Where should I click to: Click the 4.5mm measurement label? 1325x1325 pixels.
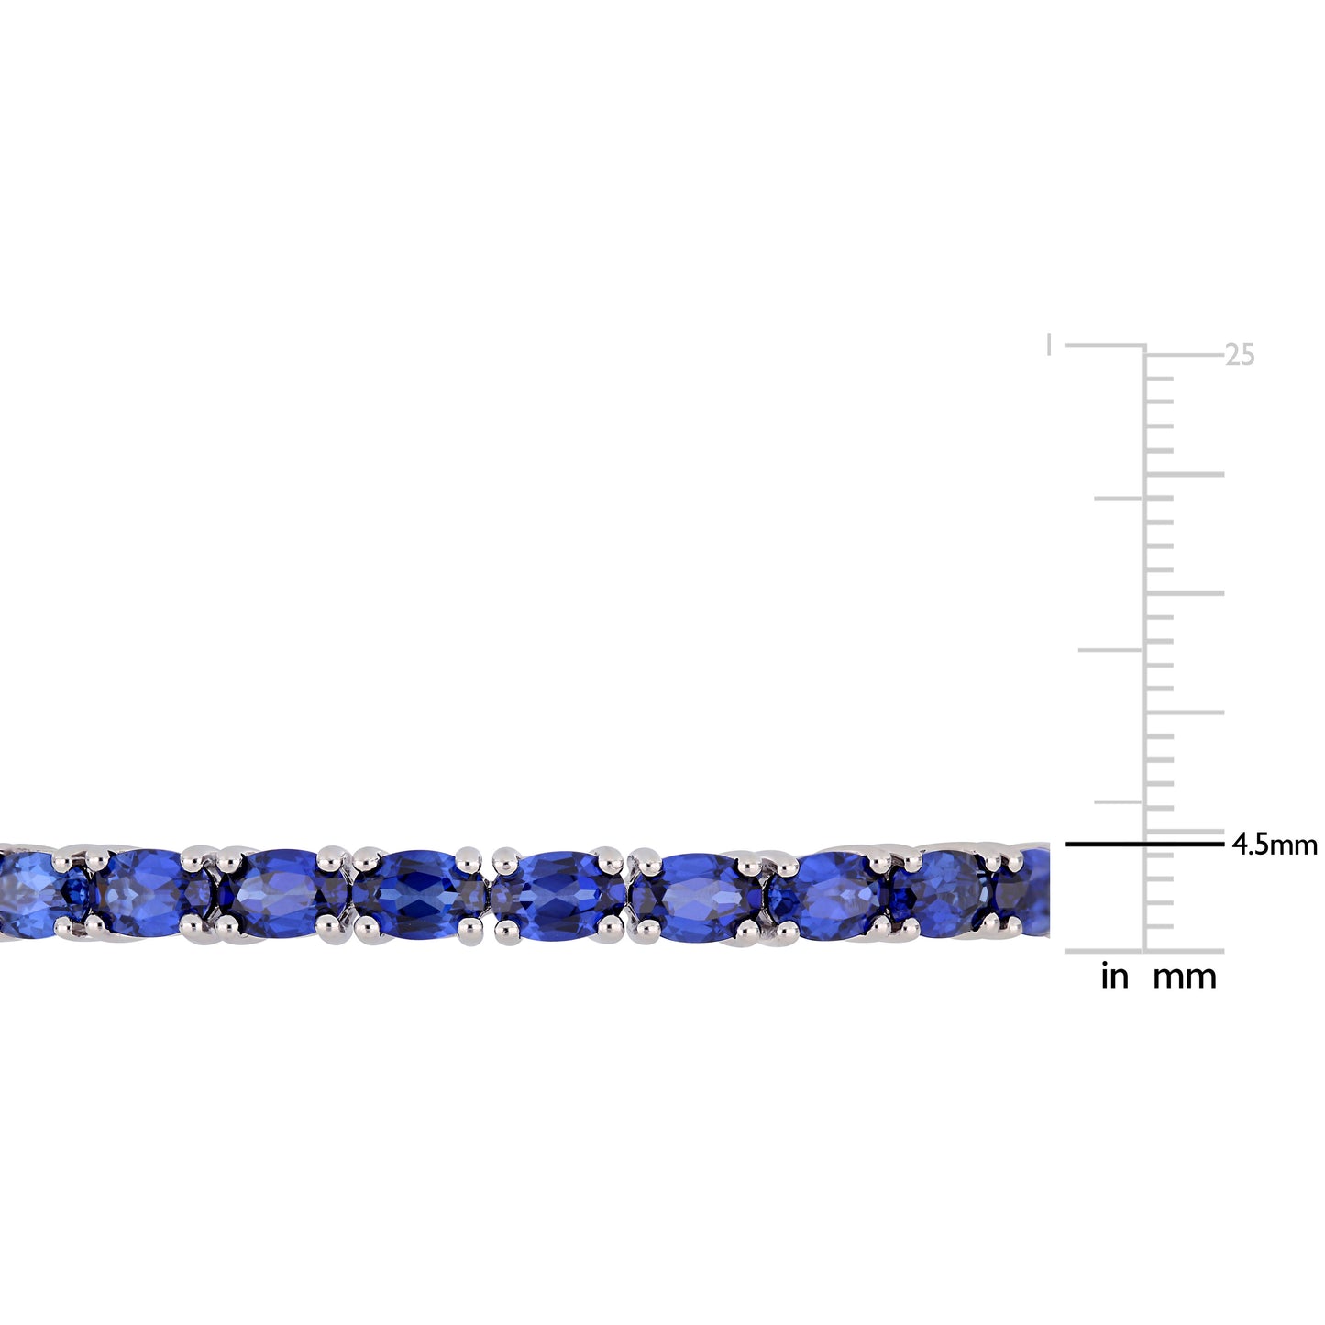click(1274, 845)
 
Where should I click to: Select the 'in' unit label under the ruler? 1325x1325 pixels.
click(1114, 977)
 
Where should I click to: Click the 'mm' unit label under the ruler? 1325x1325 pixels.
click(1185, 977)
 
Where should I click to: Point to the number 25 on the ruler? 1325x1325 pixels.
click(1240, 356)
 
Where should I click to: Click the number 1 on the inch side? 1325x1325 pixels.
click(1049, 346)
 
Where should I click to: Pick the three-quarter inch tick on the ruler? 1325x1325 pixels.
click(1119, 499)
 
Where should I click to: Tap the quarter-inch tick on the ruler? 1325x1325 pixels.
click(1119, 801)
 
